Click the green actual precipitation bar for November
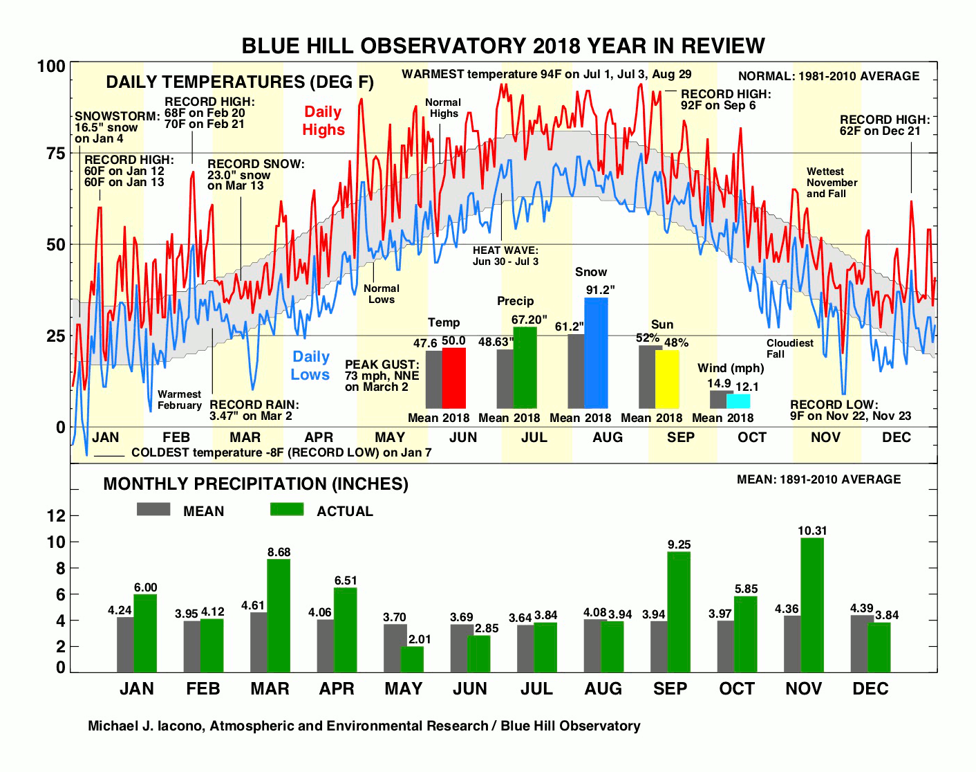tap(812, 605)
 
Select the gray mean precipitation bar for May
tap(395, 647)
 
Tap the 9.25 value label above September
tap(679, 545)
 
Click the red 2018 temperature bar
tap(453, 378)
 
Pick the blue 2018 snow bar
tap(596, 353)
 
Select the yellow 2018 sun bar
tap(667, 379)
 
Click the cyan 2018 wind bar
tap(738, 401)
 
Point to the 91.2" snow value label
tap(600, 290)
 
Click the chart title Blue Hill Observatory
tap(503, 46)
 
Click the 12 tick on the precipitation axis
tap(55, 515)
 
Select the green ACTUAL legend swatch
tap(287, 510)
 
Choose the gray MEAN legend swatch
tap(153, 510)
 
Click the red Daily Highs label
tap(323, 121)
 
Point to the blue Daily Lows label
tap(310, 366)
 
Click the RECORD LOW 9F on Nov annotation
tap(850, 410)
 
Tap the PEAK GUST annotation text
tap(382, 376)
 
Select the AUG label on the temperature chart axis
tap(607, 437)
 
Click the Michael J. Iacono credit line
tap(364, 726)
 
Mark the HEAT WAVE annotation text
tap(505, 256)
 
